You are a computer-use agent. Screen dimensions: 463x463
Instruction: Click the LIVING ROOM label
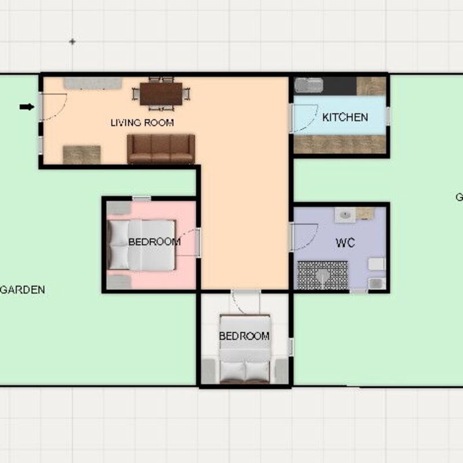[x=142, y=123]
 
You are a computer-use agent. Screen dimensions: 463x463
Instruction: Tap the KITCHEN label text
[x=345, y=117]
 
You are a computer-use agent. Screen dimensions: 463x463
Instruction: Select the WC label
[x=345, y=243]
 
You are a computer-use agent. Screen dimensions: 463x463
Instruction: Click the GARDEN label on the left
[x=22, y=290]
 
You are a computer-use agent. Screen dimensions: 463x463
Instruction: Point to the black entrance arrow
[x=27, y=106]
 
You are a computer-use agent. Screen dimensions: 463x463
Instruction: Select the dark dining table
[x=161, y=93]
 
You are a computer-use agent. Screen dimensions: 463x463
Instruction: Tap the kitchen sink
[x=309, y=86]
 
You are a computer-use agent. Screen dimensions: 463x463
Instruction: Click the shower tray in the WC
[x=322, y=274]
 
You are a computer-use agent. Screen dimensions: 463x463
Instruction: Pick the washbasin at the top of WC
[x=346, y=214]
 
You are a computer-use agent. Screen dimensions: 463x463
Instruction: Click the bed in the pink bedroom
[x=141, y=245]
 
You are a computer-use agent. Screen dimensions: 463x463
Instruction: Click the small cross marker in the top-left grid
[x=72, y=42]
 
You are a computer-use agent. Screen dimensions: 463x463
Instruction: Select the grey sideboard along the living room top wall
[x=93, y=83]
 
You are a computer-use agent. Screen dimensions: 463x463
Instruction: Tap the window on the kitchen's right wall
[x=387, y=116]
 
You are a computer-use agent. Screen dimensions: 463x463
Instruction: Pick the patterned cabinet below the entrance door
[x=82, y=155]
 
